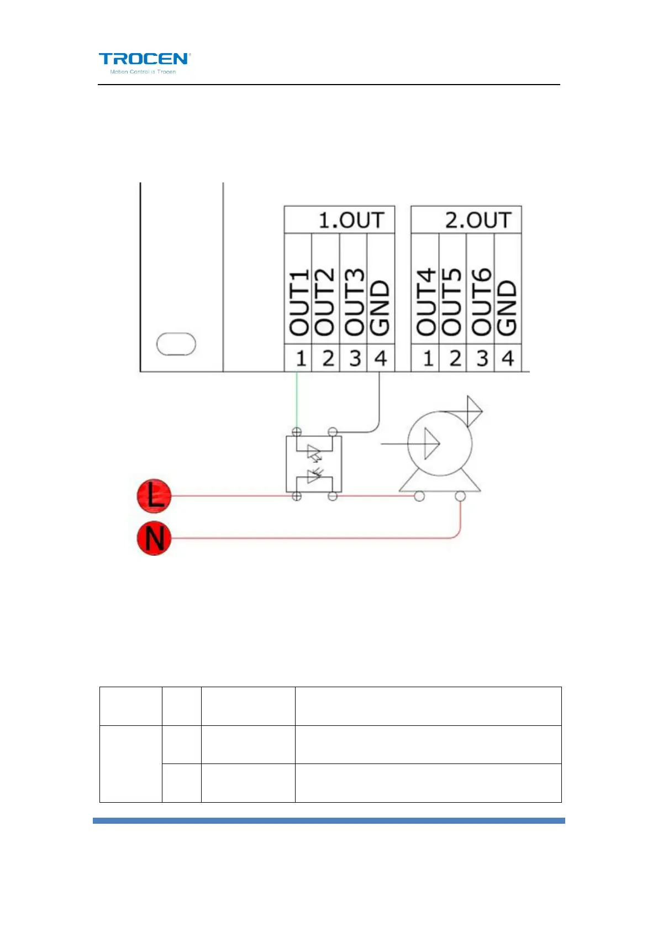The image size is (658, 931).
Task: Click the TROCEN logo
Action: pos(144,62)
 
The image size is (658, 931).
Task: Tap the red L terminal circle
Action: pos(154,495)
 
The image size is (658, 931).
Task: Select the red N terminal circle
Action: pos(154,538)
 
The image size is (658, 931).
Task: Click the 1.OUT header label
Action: pos(350,220)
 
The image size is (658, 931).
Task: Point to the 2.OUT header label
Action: pos(477,220)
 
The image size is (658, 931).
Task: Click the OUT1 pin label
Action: pos(298,302)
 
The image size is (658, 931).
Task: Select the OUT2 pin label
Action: pos(325,302)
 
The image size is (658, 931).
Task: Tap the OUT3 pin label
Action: pos(354,302)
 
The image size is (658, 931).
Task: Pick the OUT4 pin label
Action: pos(425,302)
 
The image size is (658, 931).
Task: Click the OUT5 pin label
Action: pos(452,302)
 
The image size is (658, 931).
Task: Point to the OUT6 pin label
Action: pos(481,302)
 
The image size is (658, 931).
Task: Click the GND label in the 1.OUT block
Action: pos(380,307)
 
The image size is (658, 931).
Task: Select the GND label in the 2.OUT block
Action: pos(507,307)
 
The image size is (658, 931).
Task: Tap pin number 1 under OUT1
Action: pos(301,359)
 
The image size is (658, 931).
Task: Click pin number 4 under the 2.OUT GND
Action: pos(508,359)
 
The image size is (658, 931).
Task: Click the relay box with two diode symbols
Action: pos(314,464)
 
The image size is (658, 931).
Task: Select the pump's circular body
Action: pos(440,443)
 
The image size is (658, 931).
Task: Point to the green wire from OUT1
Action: pos(297,401)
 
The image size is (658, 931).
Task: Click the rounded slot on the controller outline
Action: pos(176,344)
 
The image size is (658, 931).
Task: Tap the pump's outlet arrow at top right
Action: pos(474,411)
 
